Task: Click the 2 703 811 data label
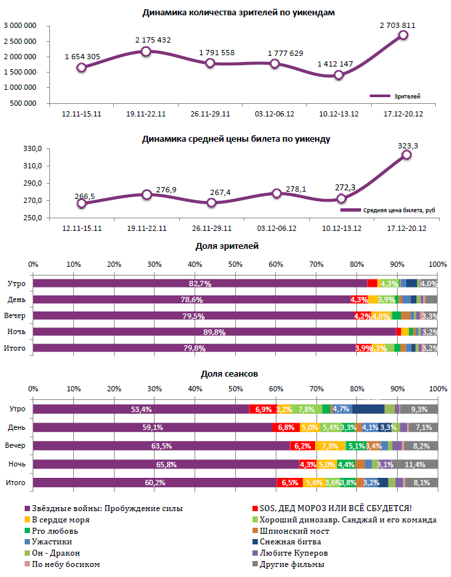pyautogui.click(x=398, y=25)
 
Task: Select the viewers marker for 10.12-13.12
pyautogui.click(x=338, y=75)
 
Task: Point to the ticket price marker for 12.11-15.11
pyautogui.click(x=81, y=204)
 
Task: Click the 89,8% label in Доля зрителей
pyautogui.click(x=214, y=331)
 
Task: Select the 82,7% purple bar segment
pyautogui.click(x=200, y=284)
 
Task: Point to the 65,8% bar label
pyautogui.click(x=165, y=465)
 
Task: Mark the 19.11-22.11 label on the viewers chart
pyautogui.click(x=146, y=114)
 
